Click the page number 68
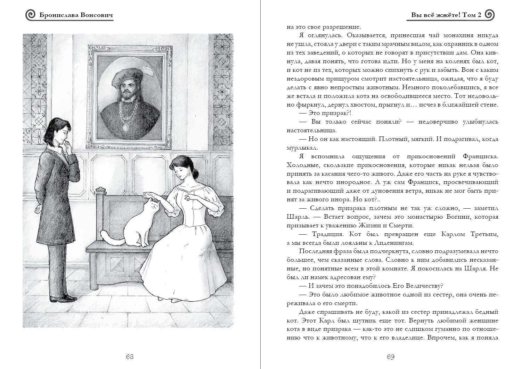[130, 357]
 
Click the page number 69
[390, 357]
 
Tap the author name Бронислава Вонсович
[76, 15]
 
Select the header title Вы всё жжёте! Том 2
[446, 15]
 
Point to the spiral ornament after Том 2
[489, 15]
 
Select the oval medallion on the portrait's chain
[125, 127]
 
